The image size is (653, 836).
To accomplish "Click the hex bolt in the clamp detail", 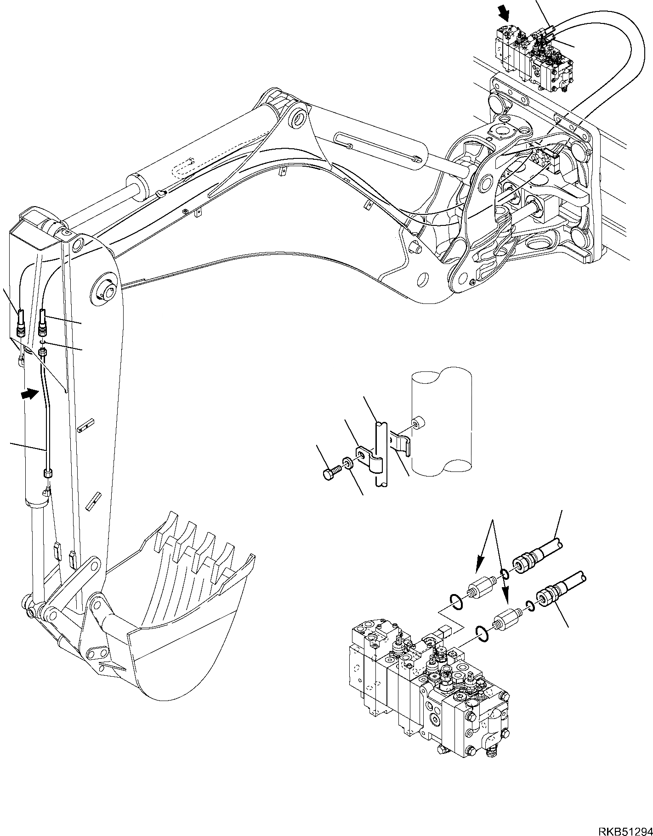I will click(330, 472).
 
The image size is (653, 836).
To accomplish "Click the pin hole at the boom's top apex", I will click(299, 119).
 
